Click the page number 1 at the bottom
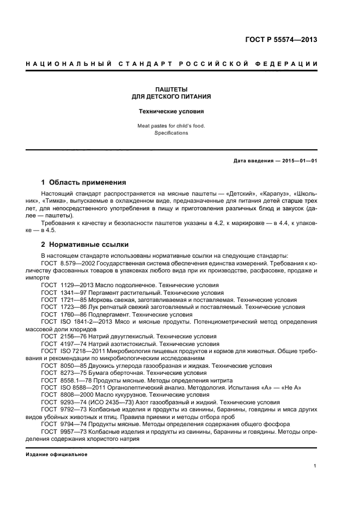[315, 466]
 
